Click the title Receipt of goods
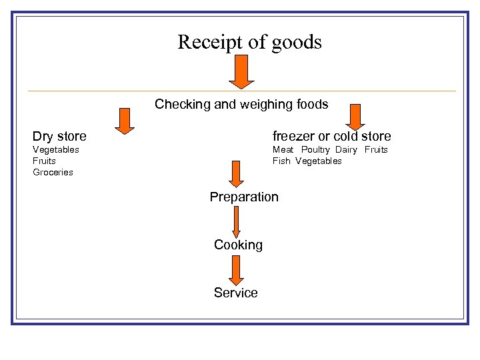pyautogui.click(x=249, y=43)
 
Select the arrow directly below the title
pyautogui.click(x=242, y=71)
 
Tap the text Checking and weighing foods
pyautogui.click(x=241, y=104)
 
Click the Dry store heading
pyautogui.click(x=60, y=137)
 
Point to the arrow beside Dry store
pyautogui.click(x=124, y=120)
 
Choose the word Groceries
pyautogui.click(x=53, y=172)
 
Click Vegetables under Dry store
pyautogui.click(x=56, y=149)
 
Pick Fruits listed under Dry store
pyautogui.click(x=45, y=161)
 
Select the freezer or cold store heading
pyautogui.click(x=331, y=137)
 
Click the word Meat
pyautogui.click(x=283, y=149)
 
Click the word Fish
pyautogui.click(x=281, y=161)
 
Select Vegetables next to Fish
pyautogui.click(x=318, y=161)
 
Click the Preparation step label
pyautogui.click(x=244, y=197)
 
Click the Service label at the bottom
pyautogui.click(x=235, y=293)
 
